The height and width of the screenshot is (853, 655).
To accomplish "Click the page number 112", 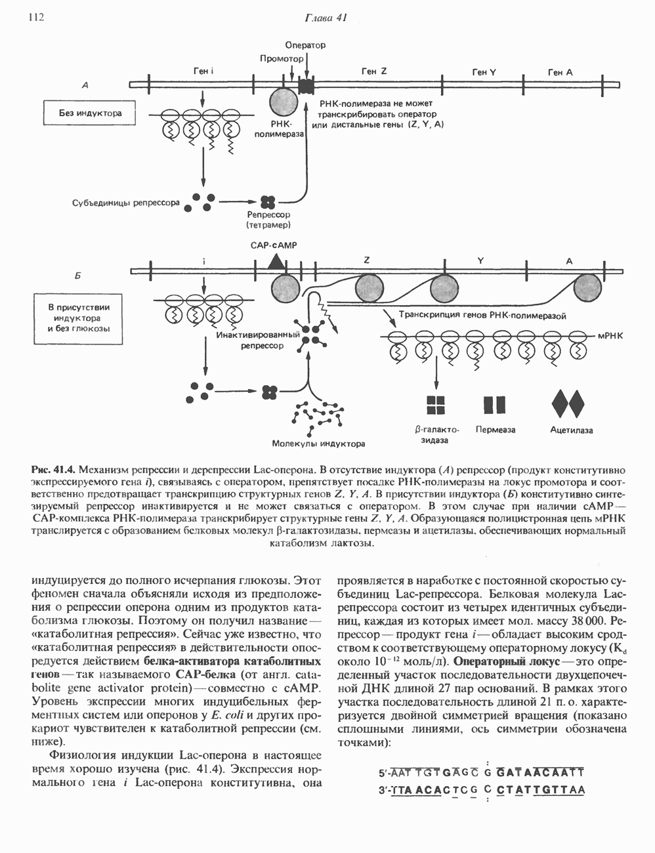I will (35, 18).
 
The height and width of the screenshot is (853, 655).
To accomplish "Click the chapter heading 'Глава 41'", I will (326, 18).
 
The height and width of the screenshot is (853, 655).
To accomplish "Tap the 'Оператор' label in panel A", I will (305, 45).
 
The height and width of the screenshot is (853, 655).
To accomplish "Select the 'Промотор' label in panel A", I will (282, 58).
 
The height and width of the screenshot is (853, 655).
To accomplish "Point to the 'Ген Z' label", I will (373, 71).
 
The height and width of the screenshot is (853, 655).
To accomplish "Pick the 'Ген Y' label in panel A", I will (483, 72).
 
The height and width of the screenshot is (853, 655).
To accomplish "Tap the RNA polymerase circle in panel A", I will (284, 102).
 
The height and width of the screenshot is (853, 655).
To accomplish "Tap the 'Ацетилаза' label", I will (571, 430).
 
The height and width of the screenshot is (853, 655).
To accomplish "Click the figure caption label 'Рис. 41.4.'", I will (54, 470).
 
